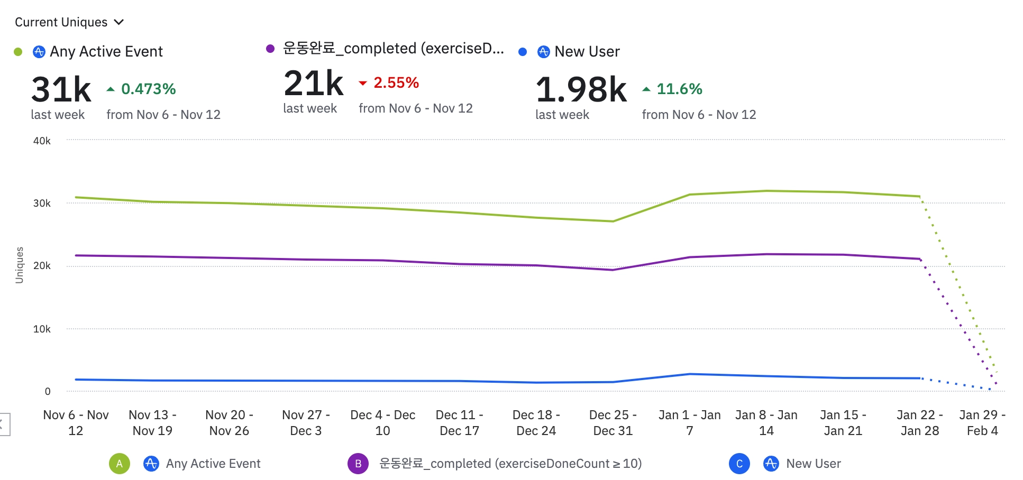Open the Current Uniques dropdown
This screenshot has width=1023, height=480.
(69, 22)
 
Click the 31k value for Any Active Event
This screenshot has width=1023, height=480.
(61, 89)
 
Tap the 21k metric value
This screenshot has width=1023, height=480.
(313, 84)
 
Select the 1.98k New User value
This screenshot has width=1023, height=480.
(581, 89)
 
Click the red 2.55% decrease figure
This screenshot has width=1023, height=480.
(396, 83)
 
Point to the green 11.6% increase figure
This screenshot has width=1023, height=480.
(679, 89)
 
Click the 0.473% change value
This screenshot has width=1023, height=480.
(148, 89)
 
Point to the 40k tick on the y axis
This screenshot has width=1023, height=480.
(42, 141)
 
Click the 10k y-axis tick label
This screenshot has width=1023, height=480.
(42, 329)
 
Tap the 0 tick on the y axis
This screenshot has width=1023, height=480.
(48, 392)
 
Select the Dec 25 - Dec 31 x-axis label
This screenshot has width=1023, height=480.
(613, 423)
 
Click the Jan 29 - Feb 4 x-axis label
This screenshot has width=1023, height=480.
(982, 423)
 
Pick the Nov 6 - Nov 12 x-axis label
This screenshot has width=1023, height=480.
(76, 423)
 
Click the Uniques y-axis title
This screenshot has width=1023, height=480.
(20, 265)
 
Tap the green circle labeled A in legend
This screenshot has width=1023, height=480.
(120, 464)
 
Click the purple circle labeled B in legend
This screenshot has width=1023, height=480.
(358, 464)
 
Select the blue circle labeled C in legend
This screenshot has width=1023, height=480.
(739, 464)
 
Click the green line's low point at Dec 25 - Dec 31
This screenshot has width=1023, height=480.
(613, 221)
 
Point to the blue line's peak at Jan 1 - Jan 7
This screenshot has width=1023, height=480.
(689, 374)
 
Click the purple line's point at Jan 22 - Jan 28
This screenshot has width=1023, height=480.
(920, 259)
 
